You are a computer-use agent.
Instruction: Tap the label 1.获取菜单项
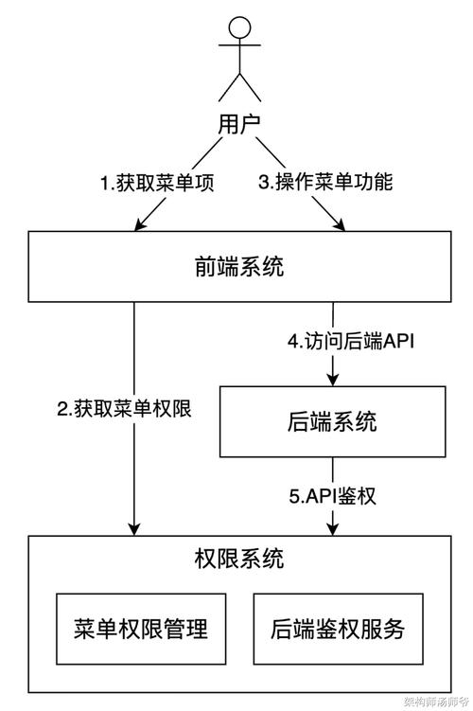tap(157, 182)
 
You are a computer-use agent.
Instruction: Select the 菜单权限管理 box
tap(140, 628)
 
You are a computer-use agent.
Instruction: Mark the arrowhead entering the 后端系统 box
tap(332, 379)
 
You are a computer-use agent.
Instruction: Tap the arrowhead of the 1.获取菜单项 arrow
tap(142, 224)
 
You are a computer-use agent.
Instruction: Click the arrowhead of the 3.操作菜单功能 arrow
tap(338, 224)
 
